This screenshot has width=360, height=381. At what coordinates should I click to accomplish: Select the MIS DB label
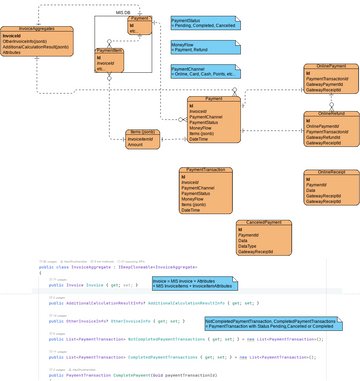coord(123,12)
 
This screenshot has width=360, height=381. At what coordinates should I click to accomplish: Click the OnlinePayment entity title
coord(330,67)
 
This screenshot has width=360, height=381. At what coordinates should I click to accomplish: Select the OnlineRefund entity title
coord(330,115)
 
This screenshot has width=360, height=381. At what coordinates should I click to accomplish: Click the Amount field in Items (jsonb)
coord(135,145)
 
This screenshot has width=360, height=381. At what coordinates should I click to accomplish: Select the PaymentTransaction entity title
coord(206,171)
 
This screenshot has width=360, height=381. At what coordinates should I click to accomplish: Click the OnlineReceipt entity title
coord(330,173)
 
